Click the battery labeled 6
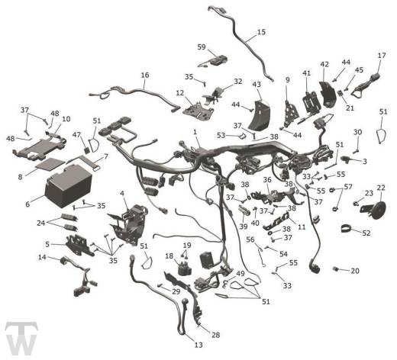pos(69,185)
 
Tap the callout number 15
pos(261,32)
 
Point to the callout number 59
pos(202,47)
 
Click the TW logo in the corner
pos(21,338)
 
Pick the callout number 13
pos(198,345)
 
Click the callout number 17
pos(382,55)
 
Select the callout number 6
pos(27,204)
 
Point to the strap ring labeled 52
pos(348,228)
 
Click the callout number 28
pos(215,335)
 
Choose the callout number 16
pos(145,75)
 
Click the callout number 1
pos(195,132)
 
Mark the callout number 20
pos(355,271)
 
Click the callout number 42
pos(324,64)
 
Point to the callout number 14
pos(42,257)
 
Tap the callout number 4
pos(122,194)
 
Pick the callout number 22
pos(381,188)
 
